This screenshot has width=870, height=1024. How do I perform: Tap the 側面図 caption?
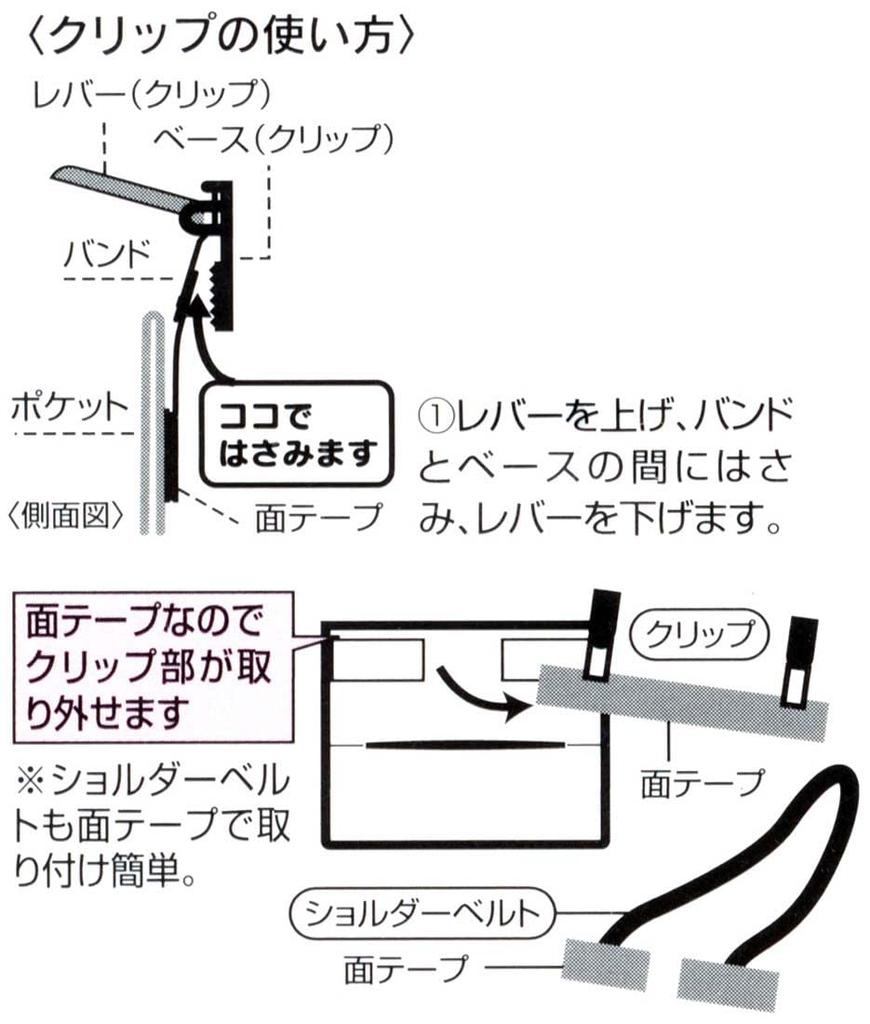pos(65,516)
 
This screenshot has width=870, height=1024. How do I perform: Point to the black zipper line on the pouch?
pos(464,744)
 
